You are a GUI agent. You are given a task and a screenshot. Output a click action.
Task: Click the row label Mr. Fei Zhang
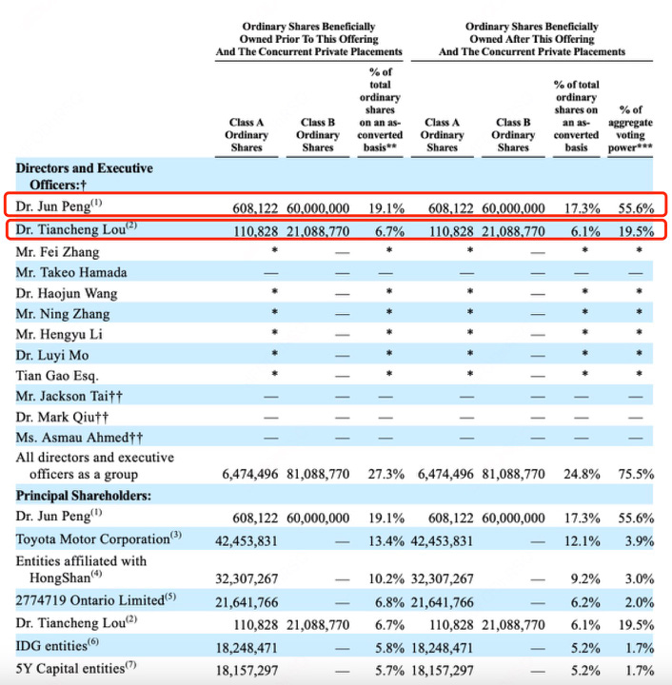(57, 251)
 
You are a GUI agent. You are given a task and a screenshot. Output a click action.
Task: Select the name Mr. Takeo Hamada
(71, 272)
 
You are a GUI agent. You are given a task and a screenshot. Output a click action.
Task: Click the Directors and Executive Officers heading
(84, 176)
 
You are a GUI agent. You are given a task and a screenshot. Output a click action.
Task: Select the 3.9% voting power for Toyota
(637, 538)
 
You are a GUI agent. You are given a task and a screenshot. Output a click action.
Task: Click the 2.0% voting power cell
(637, 603)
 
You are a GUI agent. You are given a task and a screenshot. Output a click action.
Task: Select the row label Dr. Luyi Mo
(53, 355)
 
